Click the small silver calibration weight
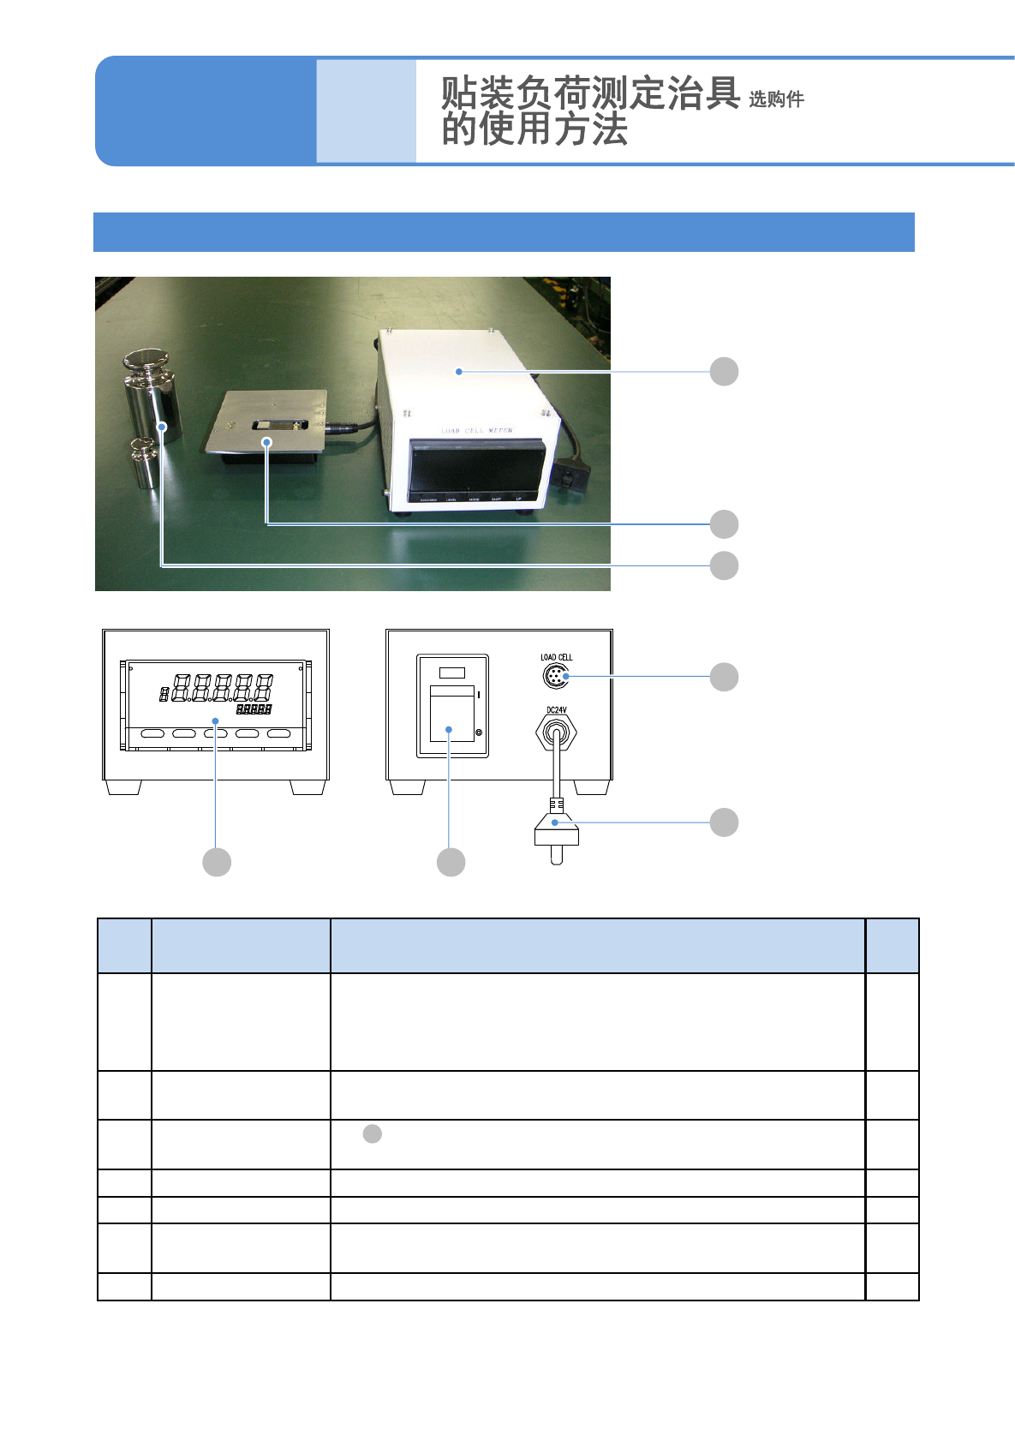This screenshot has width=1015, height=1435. (x=146, y=463)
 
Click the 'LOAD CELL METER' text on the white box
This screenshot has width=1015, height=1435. (x=476, y=430)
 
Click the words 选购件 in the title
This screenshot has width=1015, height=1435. (x=776, y=99)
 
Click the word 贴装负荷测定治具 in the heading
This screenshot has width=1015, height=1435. (x=590, y=93)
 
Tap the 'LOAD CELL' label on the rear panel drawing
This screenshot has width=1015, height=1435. (x=556, y=657)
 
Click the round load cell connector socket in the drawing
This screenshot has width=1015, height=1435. (x=556, y=677)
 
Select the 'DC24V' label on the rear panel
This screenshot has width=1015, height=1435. (x=556, y=710)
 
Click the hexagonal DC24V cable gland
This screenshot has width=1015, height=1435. (x=556, y=733)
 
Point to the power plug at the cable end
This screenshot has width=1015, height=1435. (x=557, y=833)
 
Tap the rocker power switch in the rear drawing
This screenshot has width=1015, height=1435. (x=452, y=713)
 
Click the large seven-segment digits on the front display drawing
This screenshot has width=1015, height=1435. (x=223, y=687)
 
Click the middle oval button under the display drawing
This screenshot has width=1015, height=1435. (x=216, y=733)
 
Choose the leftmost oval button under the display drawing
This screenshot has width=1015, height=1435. (x=152, y=733)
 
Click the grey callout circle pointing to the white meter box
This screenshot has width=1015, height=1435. (x=724, y=372)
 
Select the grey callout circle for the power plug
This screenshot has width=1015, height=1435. (x=724, y=822)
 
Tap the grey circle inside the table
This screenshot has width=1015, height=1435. (x=372, y=1134)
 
